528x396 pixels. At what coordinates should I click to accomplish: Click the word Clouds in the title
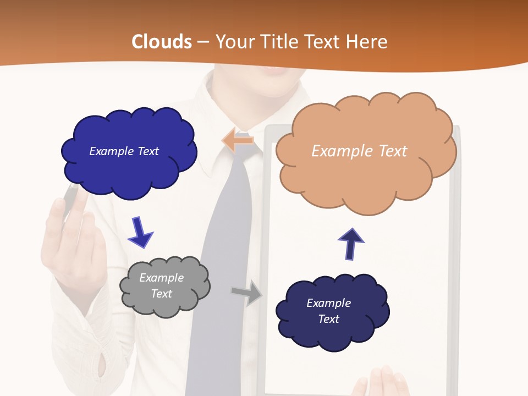tap(162, 42)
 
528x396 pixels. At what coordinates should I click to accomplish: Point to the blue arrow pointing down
tap(140, 233)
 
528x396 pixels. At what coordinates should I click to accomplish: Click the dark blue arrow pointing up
tap(350, 244)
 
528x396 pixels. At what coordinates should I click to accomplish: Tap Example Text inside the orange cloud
tap(359, 151)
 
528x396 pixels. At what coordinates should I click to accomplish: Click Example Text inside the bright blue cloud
tap(124, 151)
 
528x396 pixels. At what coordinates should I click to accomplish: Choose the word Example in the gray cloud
tap(161, 278)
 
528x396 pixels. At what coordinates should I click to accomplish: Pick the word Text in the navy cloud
tap(328, 319)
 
